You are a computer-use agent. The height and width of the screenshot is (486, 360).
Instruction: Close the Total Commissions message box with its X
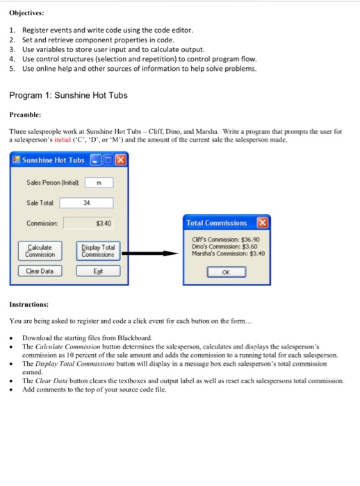point(262,223)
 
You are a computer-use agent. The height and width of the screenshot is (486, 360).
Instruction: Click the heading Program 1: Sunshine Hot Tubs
point(69,95)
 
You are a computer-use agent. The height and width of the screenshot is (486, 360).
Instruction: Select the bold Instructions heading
point(28,304)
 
